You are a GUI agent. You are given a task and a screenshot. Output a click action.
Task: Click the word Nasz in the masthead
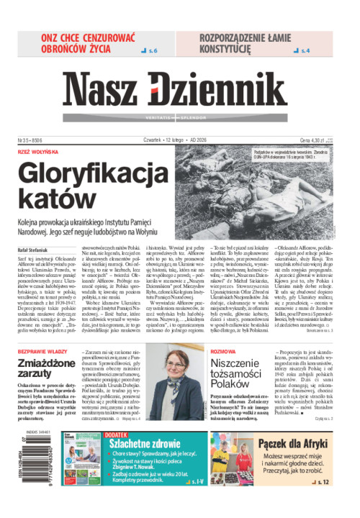click(x=102, y=91)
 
